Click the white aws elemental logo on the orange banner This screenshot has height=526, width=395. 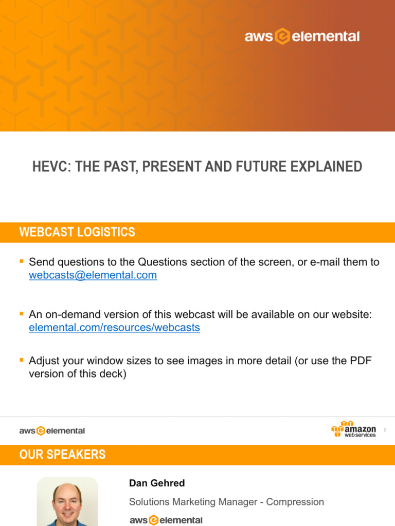click(302, 36)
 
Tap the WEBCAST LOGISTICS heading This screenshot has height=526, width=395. click(77, 232)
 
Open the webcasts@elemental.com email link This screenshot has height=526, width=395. click(93, 275)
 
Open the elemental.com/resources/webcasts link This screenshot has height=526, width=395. click(114, 328)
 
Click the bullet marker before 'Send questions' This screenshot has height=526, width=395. click(22, 261)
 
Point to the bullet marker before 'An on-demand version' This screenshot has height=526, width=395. click(22, 314)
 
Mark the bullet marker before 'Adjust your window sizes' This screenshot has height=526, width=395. click(22, 360)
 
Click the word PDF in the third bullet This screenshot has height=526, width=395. click(361, 361)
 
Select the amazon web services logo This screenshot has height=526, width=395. click(354, 429)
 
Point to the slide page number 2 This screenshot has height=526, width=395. click(385, 429)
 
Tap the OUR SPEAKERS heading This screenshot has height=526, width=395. click(62, 455)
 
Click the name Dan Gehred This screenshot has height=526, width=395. click(157, 483)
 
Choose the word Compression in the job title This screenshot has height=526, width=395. click(298, 502)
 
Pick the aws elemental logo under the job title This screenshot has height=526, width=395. click(166, 520)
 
